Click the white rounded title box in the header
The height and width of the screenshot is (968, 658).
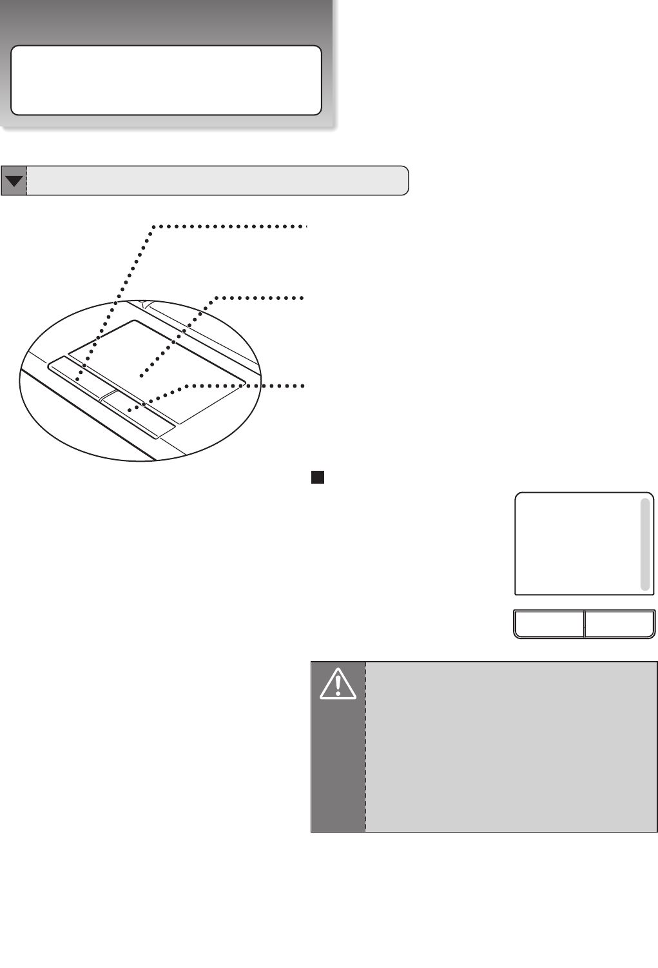pyautogui.click(x=166, y=80)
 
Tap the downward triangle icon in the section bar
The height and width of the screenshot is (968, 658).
pyautogui.click(x=14, y=181)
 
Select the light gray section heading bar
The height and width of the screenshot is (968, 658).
pyautogui.click(x=217, y=181)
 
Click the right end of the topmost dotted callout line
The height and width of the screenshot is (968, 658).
pyautogui.click(x=307, y=226)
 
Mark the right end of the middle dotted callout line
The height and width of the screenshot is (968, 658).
pyautogui.click(x=302, y=298)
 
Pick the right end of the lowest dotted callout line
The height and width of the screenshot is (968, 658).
pyautogui.click(x=302, y=386)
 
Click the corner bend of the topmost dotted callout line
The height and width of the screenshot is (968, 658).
pyautogui.click(x=153, y=227)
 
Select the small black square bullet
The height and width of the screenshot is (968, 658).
pyautogui.click(x=317, y=477)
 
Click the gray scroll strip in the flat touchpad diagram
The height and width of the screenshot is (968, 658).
pyautogui.click(x=644, y=544)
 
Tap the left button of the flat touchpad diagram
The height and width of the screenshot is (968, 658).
pyautogui.click(x=549, y=624)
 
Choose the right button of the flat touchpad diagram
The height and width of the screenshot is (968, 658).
pyautogui.click(x=619, y=624)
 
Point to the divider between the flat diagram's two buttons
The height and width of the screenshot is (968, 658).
pyautogui.click(x=584, y=624)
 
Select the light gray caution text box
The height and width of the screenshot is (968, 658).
pyautogui.click(x=510, y=746)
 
